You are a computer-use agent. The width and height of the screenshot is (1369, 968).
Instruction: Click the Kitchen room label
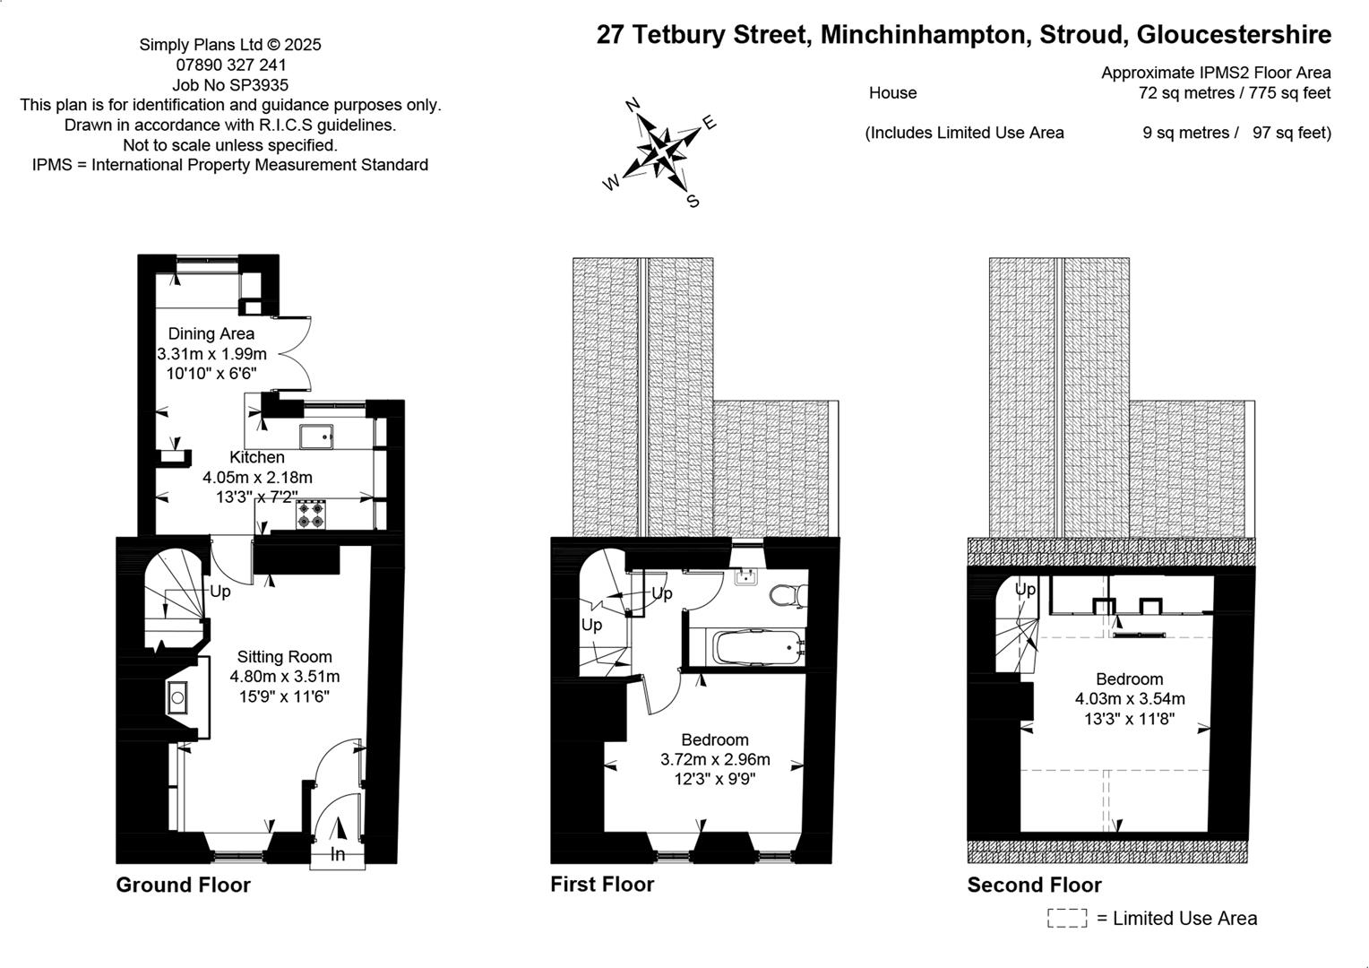(256, 457)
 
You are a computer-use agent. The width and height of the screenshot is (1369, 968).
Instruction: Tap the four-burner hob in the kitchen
(311, 514)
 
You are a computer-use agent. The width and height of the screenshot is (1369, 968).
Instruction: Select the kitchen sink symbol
(316, 436)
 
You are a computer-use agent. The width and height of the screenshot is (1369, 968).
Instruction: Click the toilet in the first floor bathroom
(788, 594)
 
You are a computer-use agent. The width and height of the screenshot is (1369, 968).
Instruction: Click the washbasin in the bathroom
(745, 576)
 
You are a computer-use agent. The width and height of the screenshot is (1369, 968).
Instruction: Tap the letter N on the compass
(633, 105)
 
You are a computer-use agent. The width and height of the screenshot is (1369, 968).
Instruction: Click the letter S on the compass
(693, 201)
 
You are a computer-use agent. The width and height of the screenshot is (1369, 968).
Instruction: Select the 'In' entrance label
(338, 854)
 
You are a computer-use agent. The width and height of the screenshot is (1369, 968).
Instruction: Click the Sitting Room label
(285, 657)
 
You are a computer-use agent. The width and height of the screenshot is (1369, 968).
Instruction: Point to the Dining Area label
(211, 334)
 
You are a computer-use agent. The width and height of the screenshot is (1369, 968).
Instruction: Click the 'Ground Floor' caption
(184, 885)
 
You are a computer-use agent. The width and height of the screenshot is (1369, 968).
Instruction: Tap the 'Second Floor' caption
(1035, 885)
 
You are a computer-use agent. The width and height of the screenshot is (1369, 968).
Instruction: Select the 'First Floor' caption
(602, 885)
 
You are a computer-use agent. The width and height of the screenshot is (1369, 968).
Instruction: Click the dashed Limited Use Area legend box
(1067, 919)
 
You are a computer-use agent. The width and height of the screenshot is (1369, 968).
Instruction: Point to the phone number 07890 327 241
(231, 65)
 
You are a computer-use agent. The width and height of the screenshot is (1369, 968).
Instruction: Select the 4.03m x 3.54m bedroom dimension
(1130, 698)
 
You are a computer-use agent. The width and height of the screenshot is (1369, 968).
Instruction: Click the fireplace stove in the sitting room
(178, 697)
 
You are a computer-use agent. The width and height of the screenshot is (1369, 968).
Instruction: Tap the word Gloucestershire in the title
(1234, 35)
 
